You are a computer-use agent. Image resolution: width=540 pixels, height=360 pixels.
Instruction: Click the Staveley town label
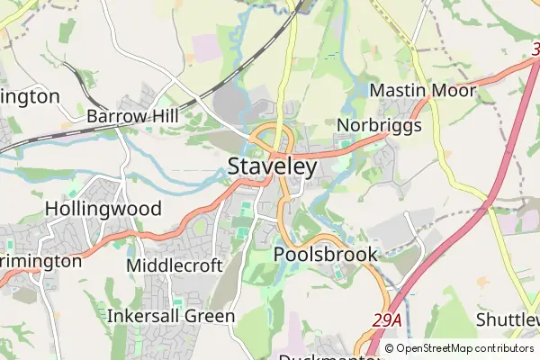point(272,167)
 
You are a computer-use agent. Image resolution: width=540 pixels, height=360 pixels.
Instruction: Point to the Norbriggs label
point(379,125)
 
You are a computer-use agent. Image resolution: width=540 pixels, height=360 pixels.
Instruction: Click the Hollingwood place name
point(103,210)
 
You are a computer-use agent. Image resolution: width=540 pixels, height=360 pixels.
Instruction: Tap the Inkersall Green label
point(171,317)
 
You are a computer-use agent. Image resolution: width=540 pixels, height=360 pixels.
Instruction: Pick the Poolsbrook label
point(325,255)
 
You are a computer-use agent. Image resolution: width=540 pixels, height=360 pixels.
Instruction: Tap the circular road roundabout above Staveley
point(271,138)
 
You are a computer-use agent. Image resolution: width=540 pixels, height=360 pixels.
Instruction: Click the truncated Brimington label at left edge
point(40,261)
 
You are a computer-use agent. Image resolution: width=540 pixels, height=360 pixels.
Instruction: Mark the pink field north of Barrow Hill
point(206,47)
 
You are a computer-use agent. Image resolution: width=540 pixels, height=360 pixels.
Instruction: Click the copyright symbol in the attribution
point(390,348)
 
